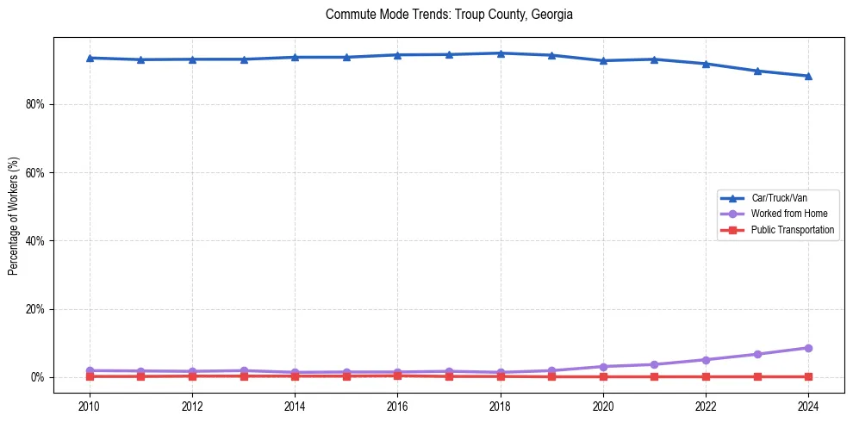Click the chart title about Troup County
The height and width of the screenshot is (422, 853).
point(449,15)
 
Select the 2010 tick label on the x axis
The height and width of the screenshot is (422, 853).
point(89,405)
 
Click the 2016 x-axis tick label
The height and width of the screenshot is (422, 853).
point(397,405)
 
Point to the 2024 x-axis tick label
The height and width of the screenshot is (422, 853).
point(808,405)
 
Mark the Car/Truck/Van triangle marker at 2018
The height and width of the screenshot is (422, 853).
point(501,53)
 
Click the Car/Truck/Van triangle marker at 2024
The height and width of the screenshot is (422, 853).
point(808,76)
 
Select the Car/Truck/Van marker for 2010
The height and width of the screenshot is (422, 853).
point(89,58)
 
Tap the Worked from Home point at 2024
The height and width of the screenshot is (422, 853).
point(808,348)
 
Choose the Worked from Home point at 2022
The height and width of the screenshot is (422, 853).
point(706,360)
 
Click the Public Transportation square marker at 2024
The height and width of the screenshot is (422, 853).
point(808,376)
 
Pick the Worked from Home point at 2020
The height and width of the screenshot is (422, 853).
point(603,367)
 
